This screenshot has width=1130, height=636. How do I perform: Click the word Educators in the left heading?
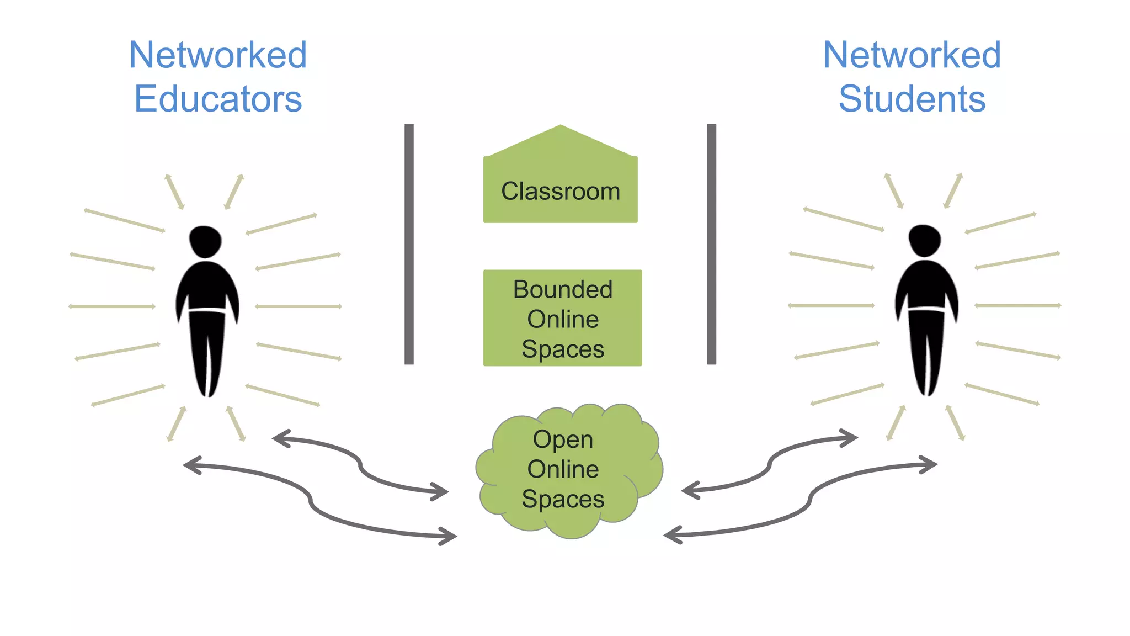218,99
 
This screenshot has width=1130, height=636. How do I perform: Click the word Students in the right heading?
912,99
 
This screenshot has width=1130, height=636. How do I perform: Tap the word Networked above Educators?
218,55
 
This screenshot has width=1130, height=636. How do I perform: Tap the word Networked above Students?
912,55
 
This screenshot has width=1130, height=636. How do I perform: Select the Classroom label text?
561,192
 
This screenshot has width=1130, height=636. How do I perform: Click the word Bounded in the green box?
563,289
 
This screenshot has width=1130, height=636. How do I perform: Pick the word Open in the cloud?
563,439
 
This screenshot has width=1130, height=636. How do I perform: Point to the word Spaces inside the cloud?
563,499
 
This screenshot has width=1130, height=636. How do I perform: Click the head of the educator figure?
205,241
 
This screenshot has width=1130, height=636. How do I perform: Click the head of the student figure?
925,240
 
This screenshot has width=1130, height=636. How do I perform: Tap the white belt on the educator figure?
207,311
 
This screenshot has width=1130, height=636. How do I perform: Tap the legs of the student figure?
926,353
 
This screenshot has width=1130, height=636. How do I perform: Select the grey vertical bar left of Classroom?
409,244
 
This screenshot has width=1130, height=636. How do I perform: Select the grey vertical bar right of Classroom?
712,244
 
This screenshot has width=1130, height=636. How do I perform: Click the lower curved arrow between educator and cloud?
311,500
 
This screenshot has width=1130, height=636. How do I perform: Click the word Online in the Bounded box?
563,319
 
